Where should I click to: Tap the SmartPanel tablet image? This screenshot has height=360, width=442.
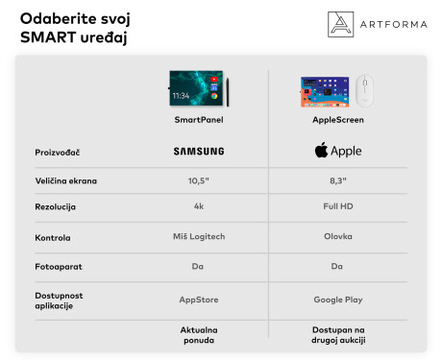(x=197, y=88)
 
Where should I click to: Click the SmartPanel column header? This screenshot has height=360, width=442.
(x=199, y=120)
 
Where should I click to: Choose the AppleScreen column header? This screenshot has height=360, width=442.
(x=337, y=120)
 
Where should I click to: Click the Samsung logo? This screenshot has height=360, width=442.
(x=199, y=151)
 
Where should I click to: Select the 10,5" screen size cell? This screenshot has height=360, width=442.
(x=199, y=180)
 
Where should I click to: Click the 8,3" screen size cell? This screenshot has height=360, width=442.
(x=337, y=180)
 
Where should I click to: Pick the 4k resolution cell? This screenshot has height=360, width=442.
(x=199, y=207)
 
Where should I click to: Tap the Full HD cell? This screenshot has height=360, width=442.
(x=337, y=207)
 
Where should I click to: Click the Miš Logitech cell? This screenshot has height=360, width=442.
(x=199, y=237)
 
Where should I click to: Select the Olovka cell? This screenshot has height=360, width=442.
(x=337, y=237)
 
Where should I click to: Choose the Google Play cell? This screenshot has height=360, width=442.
(x=337, y=300)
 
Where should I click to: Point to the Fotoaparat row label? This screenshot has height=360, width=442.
(x=56, y=267)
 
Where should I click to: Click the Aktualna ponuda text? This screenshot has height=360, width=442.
(x=199, y=335)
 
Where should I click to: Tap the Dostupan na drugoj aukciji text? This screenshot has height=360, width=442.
(x=337, y=335)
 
